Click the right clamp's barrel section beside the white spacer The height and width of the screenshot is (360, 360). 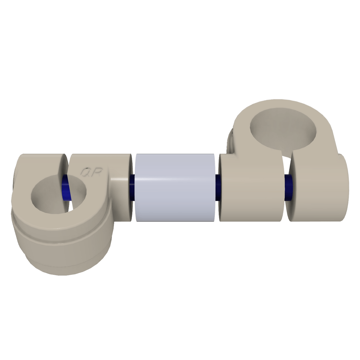[x=250, y=187]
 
